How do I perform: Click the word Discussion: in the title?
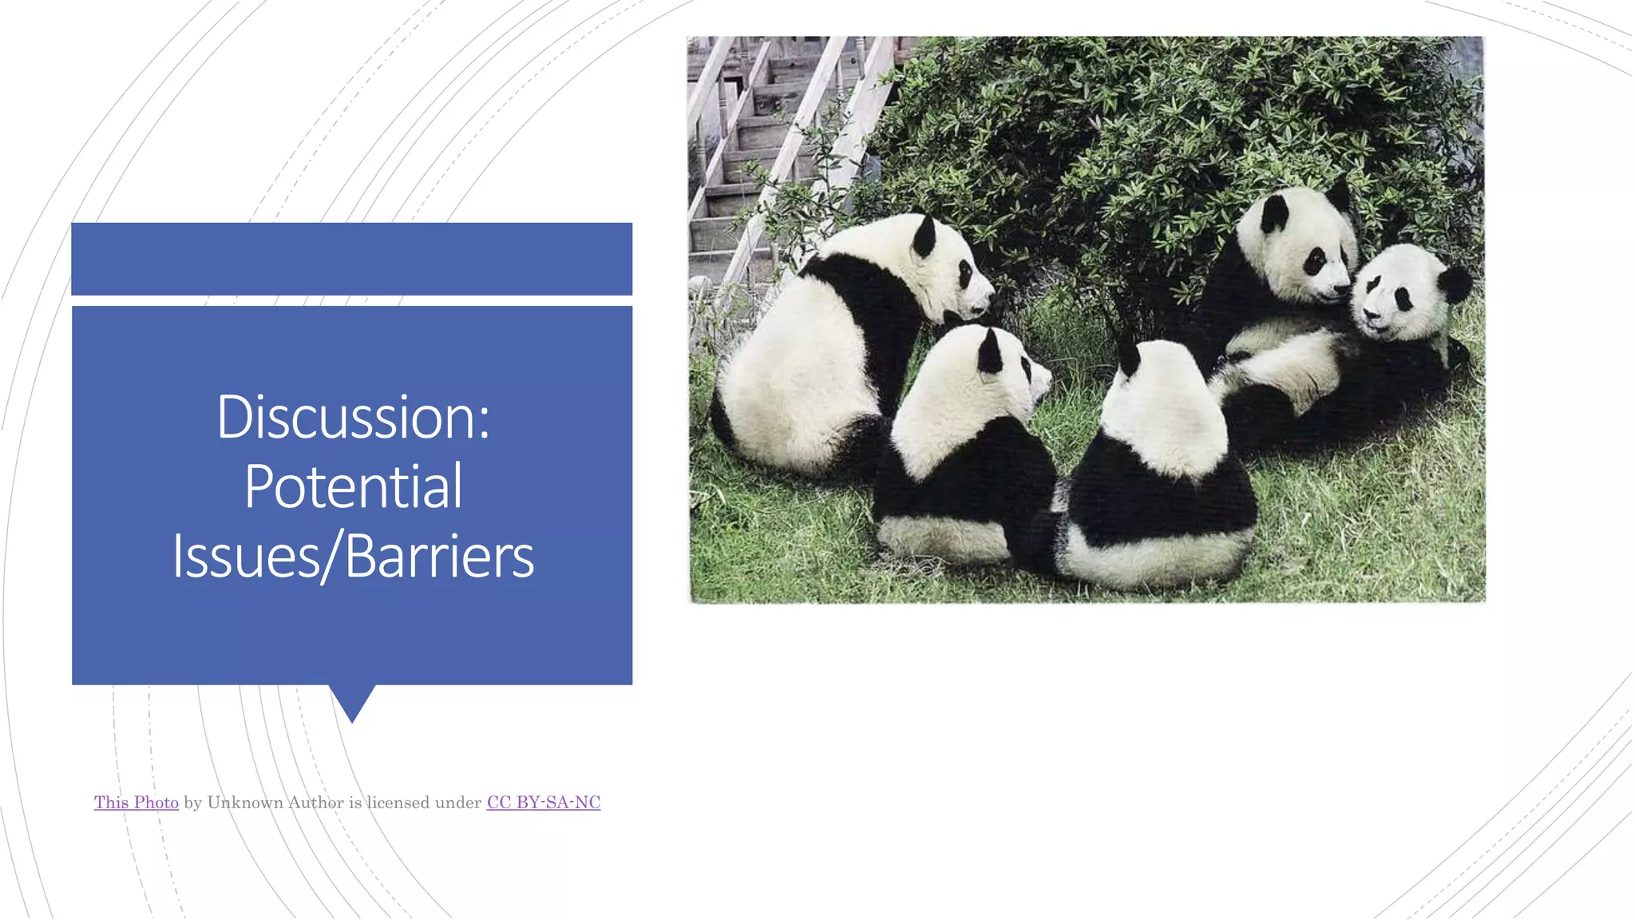coord(353,417)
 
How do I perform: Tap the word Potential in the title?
coord(353,486)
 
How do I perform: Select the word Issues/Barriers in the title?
coord(353,556)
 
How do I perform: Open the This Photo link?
coord(136,803)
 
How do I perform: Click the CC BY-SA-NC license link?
coord(543,803)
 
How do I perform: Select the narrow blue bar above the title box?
coord(351,259)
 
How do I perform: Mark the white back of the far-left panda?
coord(798,375)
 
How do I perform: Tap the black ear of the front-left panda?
coord(989,352)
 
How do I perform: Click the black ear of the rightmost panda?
coord(1455,284)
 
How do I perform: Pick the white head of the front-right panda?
coord(1162,407)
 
